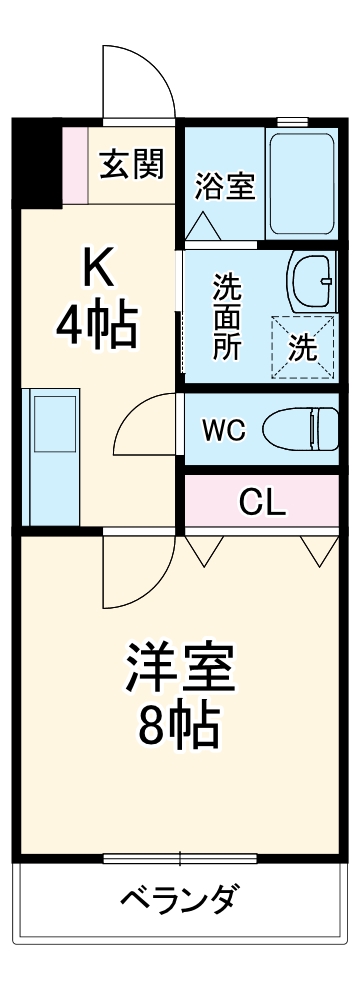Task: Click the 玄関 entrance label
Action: pos(131,163)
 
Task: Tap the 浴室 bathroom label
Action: pos(225,186)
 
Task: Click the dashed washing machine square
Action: pos(304,347)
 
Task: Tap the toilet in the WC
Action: pos(300,430)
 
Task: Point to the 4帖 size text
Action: pos(97,326)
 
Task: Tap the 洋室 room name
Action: pos(180,671)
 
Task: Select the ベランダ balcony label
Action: pos(180,900)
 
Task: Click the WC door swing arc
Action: pos(145,425)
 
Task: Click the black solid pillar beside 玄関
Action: pos(38,160)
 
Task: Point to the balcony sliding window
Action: pos(180,858)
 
